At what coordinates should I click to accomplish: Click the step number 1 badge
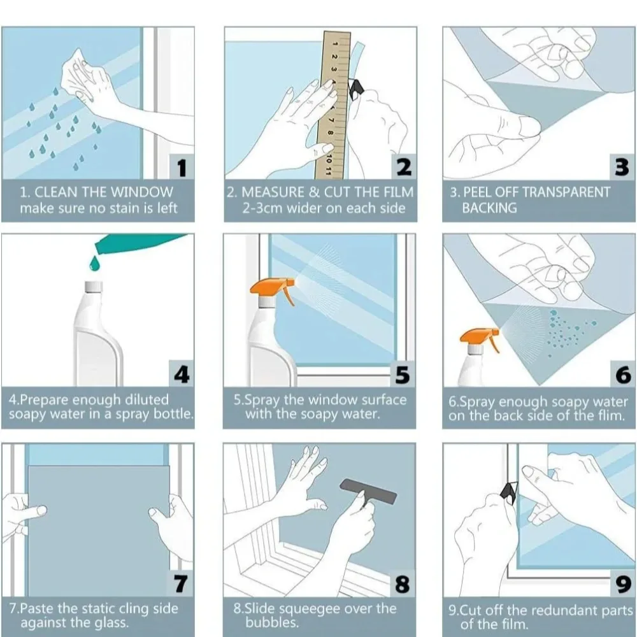click(x=182, y=167)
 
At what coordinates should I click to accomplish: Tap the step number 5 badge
click(x=403, y=374)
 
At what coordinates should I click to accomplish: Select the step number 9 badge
click(x=623, y=584)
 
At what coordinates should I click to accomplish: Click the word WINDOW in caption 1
click(x=142, y=192)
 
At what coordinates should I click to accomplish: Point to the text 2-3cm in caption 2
click(x=262, y=208)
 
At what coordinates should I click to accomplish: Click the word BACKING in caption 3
click(x=489, y=208)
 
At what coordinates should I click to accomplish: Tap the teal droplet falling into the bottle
click(x=94, y=262)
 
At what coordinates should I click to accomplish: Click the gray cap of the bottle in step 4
click(x=94, y=287)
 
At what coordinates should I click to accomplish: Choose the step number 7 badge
click(x=182, y=583)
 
